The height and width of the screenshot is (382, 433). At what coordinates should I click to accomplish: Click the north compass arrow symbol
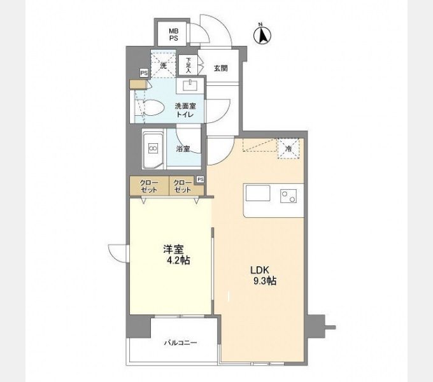262,34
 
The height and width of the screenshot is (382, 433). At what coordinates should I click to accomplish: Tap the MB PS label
174,35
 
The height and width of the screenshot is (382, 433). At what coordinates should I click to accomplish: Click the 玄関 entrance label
221,68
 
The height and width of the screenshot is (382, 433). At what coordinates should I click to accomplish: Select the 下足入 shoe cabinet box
188,65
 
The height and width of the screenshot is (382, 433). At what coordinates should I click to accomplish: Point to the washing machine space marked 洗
164,64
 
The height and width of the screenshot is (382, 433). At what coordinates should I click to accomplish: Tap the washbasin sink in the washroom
190,85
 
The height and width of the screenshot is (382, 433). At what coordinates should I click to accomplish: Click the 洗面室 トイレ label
185,110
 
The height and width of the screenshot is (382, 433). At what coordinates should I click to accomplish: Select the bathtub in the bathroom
153,149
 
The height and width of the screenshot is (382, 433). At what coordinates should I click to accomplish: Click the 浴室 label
183,149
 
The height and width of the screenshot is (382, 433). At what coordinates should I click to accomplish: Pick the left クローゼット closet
150,186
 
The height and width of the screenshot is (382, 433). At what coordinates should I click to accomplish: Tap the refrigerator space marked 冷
288,149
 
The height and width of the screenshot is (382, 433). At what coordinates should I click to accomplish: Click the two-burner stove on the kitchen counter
288,196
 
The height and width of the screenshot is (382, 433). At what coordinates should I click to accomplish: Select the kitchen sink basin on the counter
258,193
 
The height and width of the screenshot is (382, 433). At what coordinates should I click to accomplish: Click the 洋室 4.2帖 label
176,255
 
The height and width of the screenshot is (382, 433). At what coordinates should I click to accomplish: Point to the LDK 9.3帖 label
264,276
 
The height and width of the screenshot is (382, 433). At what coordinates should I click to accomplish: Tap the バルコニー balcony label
181,343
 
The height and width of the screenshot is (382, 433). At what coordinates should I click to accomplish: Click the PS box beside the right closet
201,180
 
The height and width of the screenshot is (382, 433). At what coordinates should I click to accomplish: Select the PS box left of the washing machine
144,73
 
